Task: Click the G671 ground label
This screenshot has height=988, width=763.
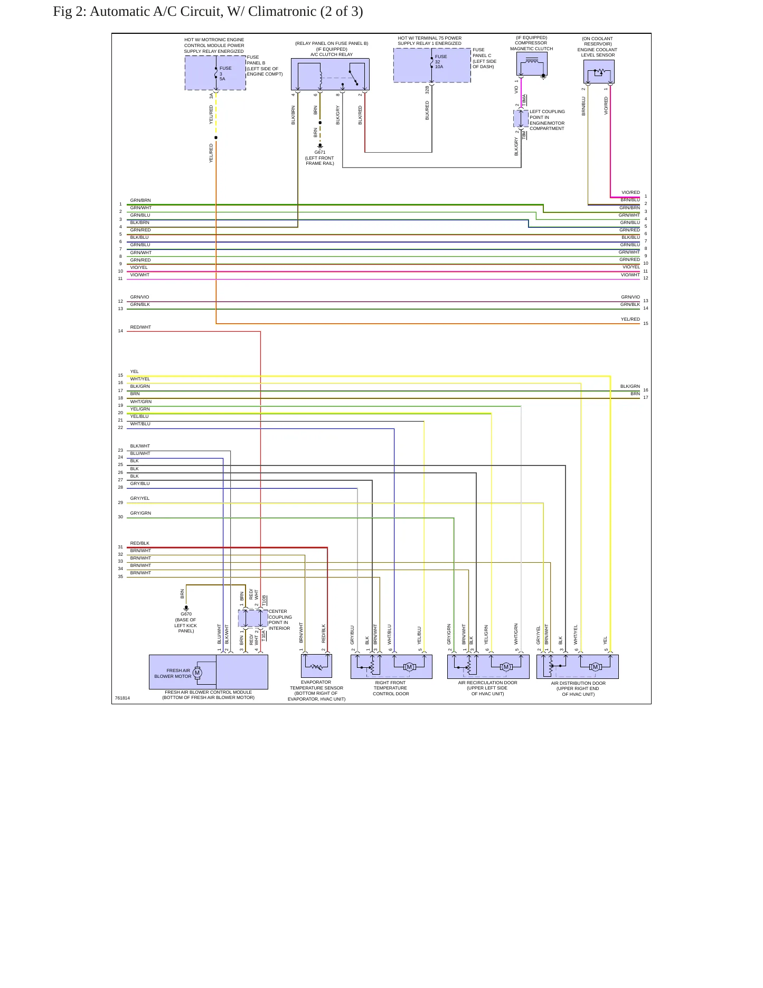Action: coord(320,152)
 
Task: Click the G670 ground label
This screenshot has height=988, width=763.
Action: coord(186,614)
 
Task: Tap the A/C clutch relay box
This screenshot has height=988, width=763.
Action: coord(330,74)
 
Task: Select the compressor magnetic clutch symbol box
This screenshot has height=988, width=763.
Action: coord(532,63)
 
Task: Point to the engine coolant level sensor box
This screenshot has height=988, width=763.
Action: coord(599,71)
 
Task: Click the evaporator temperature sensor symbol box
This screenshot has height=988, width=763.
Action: coord(316,666)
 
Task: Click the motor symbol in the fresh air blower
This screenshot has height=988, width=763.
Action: coord(197,673)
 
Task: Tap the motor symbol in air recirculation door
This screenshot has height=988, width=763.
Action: coord(506,667)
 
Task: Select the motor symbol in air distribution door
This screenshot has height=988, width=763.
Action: coord(596,667)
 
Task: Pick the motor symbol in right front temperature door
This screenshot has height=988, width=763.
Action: coord(409,667)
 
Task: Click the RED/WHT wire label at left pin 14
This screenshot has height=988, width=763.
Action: coord(140,327)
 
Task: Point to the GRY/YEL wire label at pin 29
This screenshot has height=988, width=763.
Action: coord(140,498)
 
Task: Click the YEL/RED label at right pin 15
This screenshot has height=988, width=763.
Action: coord(630,319)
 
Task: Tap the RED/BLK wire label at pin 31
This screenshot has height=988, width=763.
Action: coord(140,543)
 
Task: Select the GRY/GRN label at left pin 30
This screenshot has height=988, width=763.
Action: coord(140,513)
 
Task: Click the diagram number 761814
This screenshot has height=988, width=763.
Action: coord(123,698)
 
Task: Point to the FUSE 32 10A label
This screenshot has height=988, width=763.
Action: coord(440,62)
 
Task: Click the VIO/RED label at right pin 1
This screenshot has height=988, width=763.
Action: coord(630,192)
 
